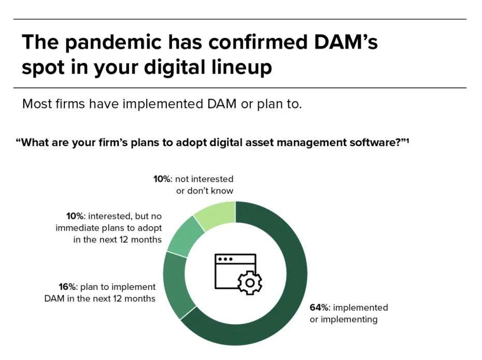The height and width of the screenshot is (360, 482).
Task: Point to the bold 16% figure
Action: (69, 287)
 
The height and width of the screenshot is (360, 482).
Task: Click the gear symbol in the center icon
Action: (249, 282)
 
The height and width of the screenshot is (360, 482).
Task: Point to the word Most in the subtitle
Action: (37, 104)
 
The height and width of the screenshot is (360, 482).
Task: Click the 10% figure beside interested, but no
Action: (76, 216)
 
